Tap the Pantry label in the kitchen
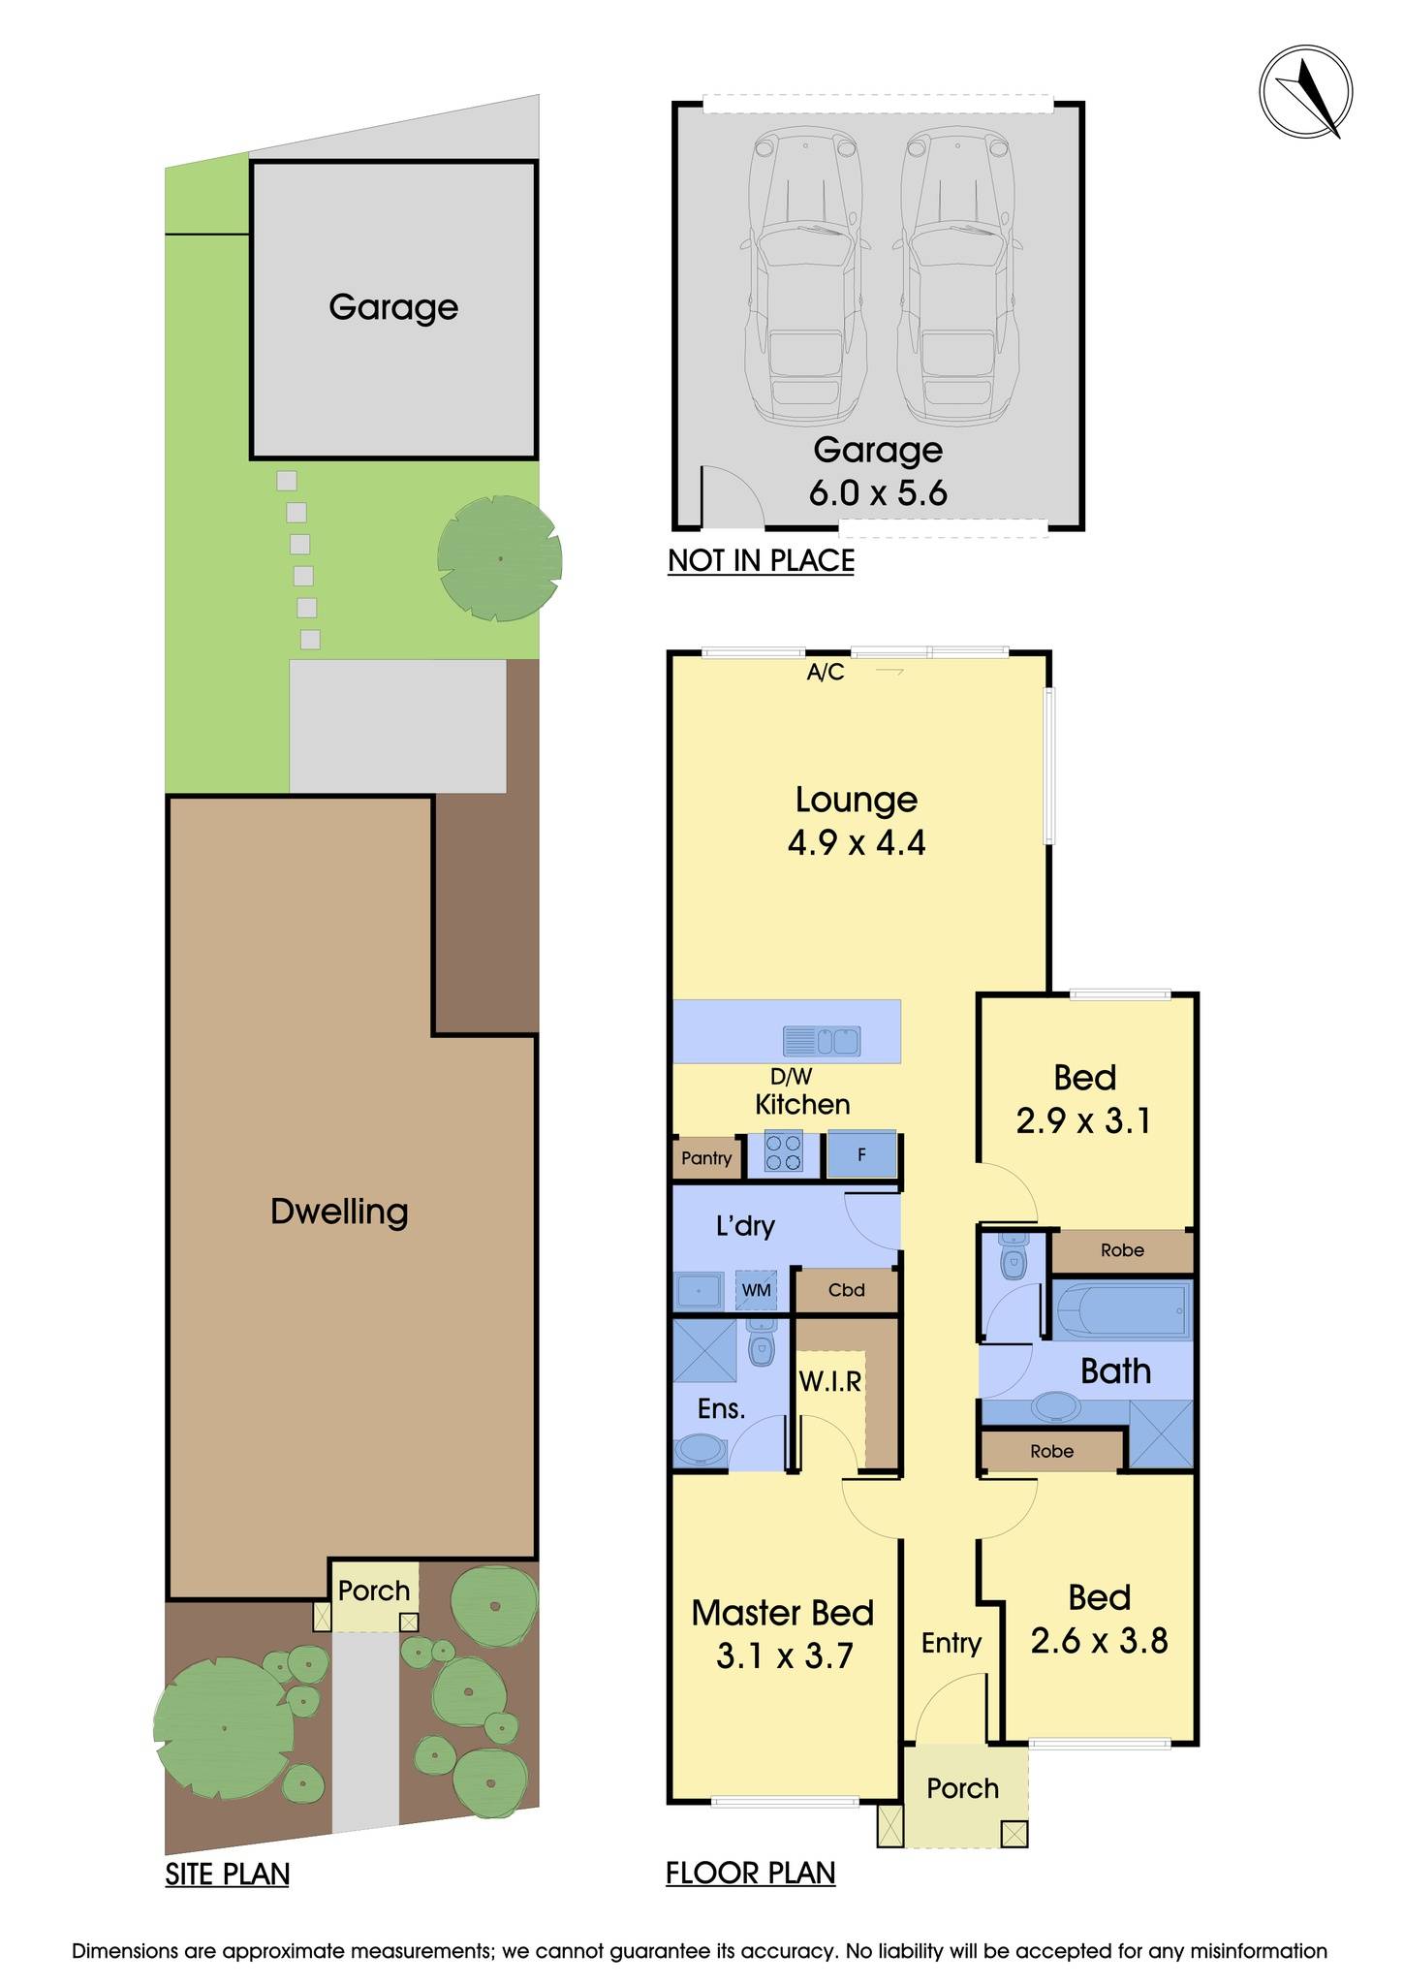(x=706, y=1158)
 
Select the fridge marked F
(x=861, y=1155)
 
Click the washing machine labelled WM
(x=756, y=1290)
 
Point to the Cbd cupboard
(x=846, y=1290)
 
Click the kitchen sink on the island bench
(x=822, y=1042)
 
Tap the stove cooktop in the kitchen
(x=784, y=1153)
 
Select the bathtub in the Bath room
(x=1120, y=1309)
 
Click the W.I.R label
(x=830, y=1381)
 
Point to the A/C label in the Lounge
(x=826, y=672)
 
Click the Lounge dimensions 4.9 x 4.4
(x=857, y=842)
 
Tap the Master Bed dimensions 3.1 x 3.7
(x=784, y=1656)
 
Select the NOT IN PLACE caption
(x=761, y=560)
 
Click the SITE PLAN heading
(x=227, y=1874)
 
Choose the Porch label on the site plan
(x=374, y=1591)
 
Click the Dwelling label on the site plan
(x=339, y=1212)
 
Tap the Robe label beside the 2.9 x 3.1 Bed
(x=1122, y=1250)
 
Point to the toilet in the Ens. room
(x=762, y=1345)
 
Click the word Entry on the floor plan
(x=951, y=1643)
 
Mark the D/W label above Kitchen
(x=791, y=1076)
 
